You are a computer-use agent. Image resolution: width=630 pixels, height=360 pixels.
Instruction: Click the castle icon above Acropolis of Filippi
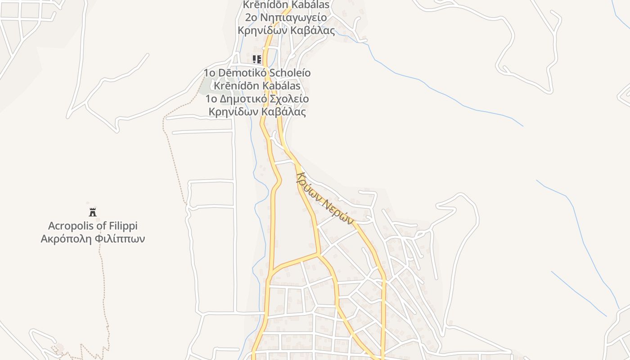click(x=93, y=212)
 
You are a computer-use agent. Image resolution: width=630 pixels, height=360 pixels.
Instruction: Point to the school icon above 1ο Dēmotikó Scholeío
click(x=257, y=59)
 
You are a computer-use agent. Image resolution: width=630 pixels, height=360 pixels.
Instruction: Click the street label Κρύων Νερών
click(x=324, y=198)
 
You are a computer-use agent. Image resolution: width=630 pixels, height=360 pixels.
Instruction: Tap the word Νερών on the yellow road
click(x=338, y=210)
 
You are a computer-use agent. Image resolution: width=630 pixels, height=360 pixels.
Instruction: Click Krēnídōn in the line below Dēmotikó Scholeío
click(x=234, y=85)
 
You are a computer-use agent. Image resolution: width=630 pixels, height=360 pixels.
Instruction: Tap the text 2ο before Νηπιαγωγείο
click(x=251, y=18)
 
